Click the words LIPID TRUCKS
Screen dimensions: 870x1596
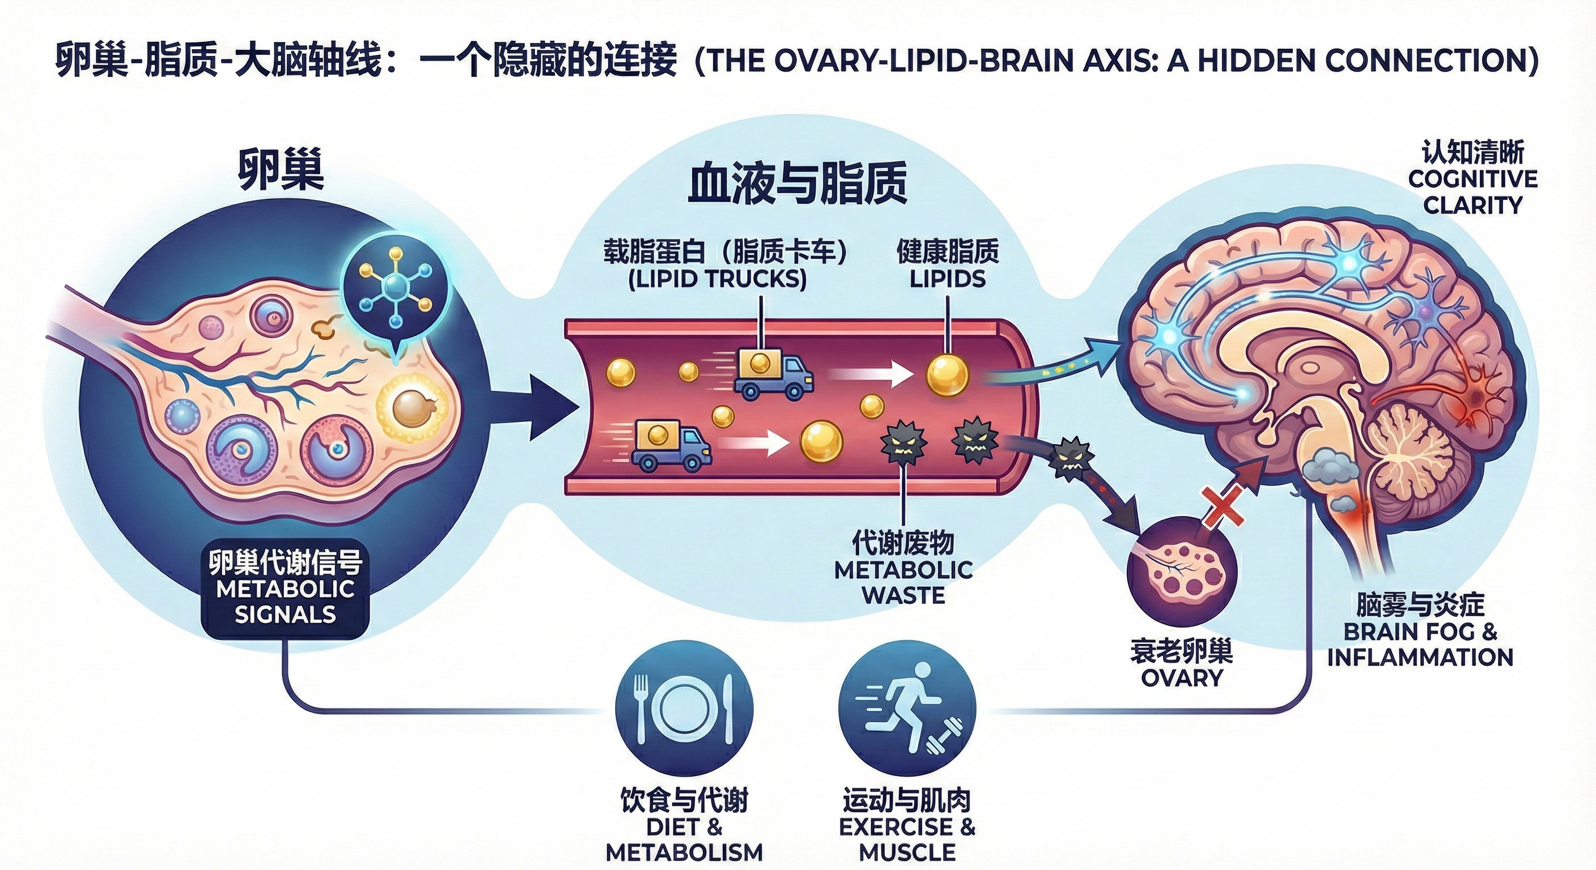tap(718, 280)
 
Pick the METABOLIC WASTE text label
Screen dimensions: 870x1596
tap(903, 582)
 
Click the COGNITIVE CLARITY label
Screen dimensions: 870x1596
tap(1472, 192)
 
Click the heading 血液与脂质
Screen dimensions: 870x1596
tap(797, 184)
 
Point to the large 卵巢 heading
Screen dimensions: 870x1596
tap(281, 170)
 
